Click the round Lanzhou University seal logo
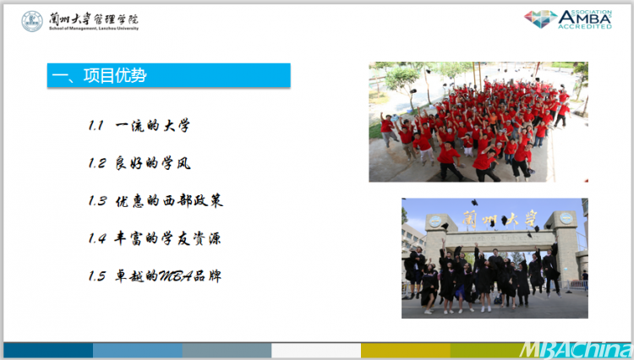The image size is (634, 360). tap(32, 21)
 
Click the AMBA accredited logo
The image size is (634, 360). tap(568, 19)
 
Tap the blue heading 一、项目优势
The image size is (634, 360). tap(168, 75)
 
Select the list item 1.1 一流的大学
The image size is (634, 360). tap(139, 126)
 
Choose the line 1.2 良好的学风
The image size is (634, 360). tap(139, 163)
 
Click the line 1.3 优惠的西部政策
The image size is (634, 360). tap(156, 201)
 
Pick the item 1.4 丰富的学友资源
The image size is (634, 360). tap(155, 238)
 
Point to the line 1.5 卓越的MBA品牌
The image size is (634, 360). tap(155, 276)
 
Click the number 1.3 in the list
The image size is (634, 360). tap(97, 201)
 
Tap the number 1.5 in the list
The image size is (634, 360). tap(97, 276)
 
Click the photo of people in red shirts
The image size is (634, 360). tap(478, 122)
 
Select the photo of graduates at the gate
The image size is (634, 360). tap(495, 259)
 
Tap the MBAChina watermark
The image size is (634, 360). tap(576, 350)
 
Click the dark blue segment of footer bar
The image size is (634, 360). tap(48, 351)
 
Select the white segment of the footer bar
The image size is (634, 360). tap(316, 351)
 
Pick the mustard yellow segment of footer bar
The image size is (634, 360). tap(406, 351)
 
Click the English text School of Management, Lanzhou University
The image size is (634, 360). tap(94, 28)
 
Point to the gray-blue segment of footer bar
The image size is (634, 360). tap(227, 351)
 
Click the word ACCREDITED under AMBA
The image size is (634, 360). tap(585, 27)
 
